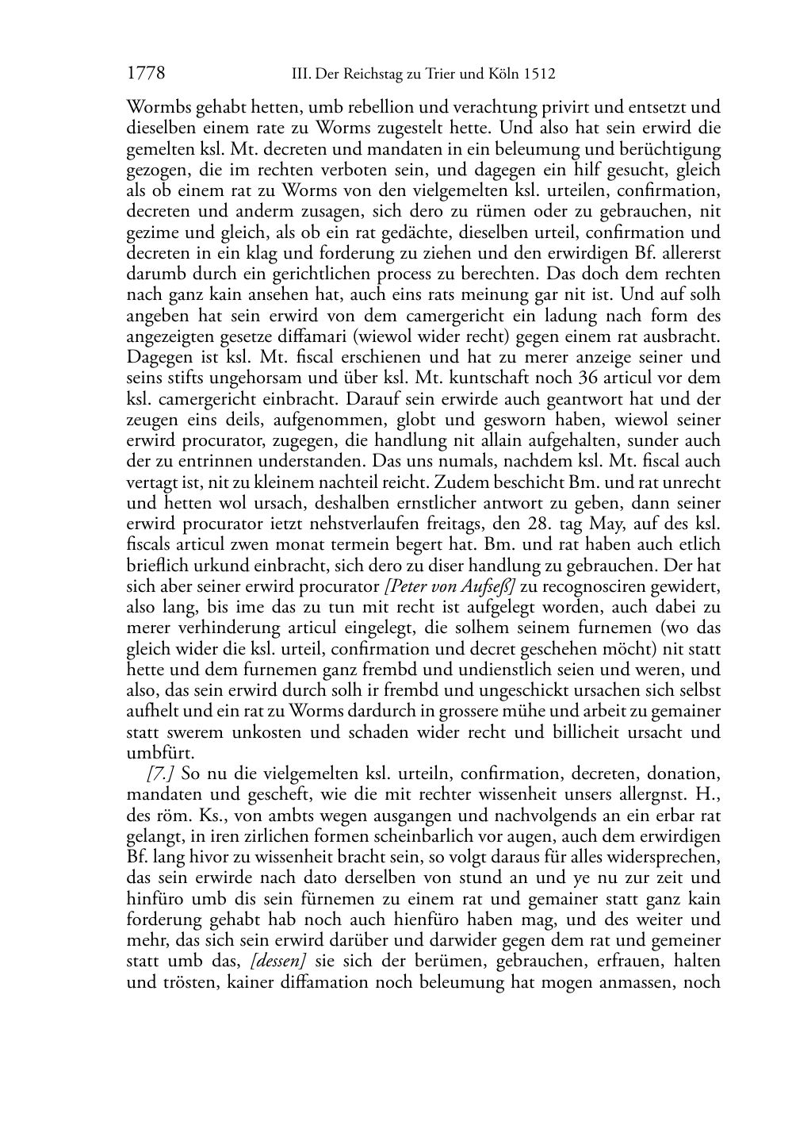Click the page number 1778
[x=146, y=74]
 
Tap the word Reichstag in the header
[x=369, y=75]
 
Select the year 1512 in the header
[x=539, y=75]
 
